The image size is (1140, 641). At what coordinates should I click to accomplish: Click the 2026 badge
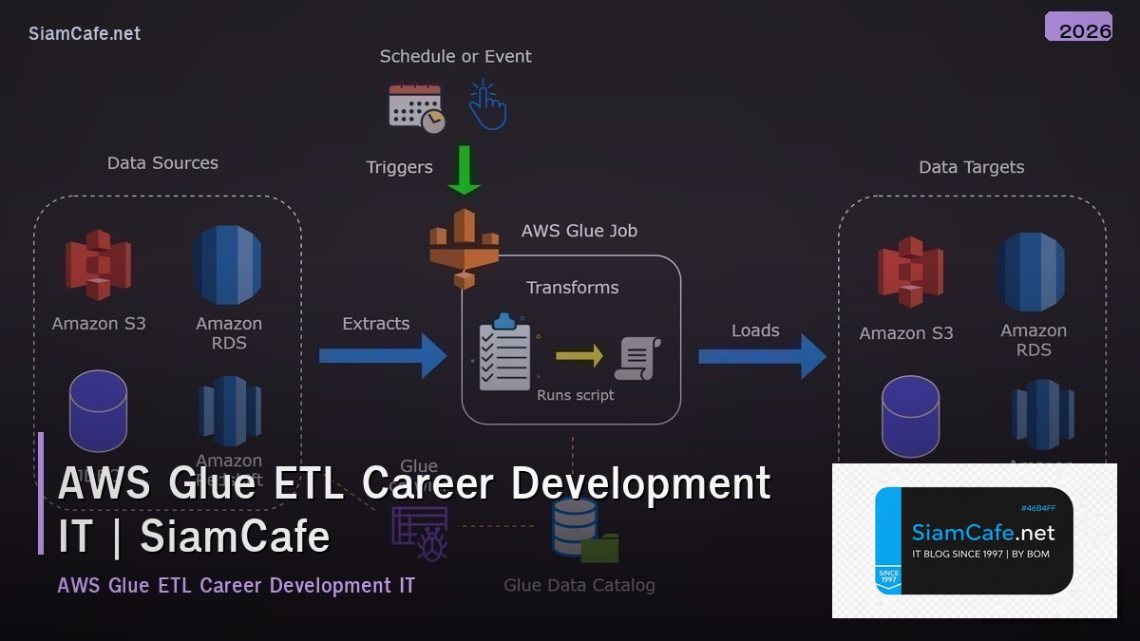pos(1078,28)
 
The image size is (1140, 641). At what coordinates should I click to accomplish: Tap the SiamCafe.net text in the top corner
pos(85,33)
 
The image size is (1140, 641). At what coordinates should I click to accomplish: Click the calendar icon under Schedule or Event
pos(416,107)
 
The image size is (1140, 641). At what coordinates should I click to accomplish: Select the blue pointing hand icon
pos(487,105)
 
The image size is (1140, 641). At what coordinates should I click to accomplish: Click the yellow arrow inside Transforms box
pos(579,356)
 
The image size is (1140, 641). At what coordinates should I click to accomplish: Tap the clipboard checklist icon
pos(505,352)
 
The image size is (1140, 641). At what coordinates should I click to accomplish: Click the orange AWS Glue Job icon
pos(465,248)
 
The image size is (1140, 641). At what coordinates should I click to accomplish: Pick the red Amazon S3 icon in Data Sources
pos(98,265)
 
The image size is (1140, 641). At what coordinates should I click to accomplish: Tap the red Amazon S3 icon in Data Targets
pos(909,273)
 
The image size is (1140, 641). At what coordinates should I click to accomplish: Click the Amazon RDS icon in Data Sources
pos(227,266)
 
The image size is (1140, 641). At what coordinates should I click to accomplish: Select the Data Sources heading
pos(162,163)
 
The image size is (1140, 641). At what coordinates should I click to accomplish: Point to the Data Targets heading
pos(971,167)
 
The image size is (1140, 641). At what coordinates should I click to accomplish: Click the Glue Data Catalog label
pos(579,585)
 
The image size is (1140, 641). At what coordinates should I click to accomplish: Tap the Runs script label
pos(576,395)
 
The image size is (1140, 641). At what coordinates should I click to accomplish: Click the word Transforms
pos(572,288)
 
